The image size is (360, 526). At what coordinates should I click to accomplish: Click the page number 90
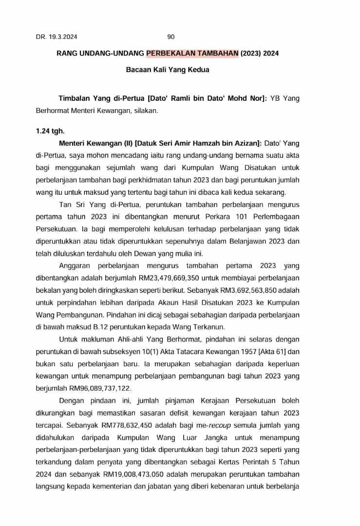click(x=171, y=37)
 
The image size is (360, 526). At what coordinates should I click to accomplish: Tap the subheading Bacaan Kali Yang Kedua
click(x=168, y=70)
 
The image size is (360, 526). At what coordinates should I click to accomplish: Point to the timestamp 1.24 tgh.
click(x=50, y=131)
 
